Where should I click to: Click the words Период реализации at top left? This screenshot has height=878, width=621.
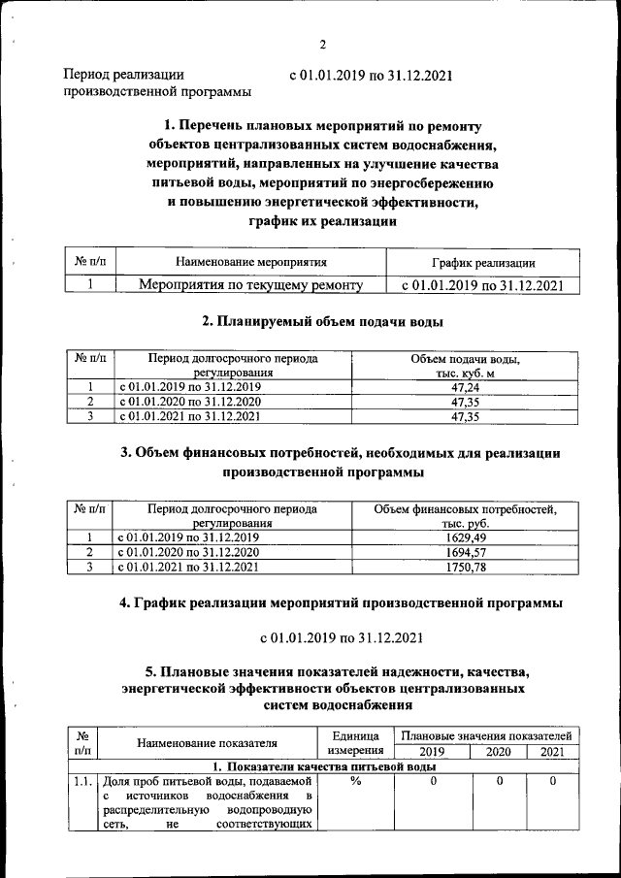click(123, 75)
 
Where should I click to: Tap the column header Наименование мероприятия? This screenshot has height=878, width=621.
click(251, 262)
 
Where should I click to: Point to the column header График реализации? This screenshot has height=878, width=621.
click(483, 263)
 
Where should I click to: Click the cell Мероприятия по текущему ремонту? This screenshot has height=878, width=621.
click(251, 285)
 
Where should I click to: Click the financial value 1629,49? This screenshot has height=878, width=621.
click(465, 537)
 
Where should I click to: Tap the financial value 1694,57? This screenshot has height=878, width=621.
click(465, 551)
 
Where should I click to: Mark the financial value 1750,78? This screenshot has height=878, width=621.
click(465, 567)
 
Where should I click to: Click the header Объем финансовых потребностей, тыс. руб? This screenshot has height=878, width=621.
click(465, 515)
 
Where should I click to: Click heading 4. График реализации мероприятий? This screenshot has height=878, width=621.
click(341, 602)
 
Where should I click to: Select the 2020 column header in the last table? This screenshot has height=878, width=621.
click(498, 752)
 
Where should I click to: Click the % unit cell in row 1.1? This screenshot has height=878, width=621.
click(355, 781)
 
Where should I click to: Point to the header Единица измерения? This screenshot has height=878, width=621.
click(355, 743)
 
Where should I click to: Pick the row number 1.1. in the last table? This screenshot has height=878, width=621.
click(82, 781)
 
